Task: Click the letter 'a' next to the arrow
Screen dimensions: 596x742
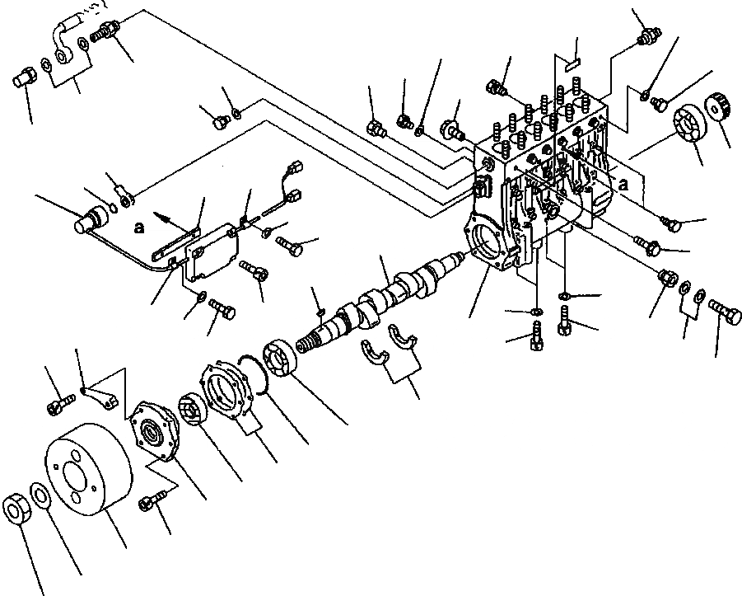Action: [139, 223]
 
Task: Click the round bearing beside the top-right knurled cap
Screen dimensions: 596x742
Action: [689, 125]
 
